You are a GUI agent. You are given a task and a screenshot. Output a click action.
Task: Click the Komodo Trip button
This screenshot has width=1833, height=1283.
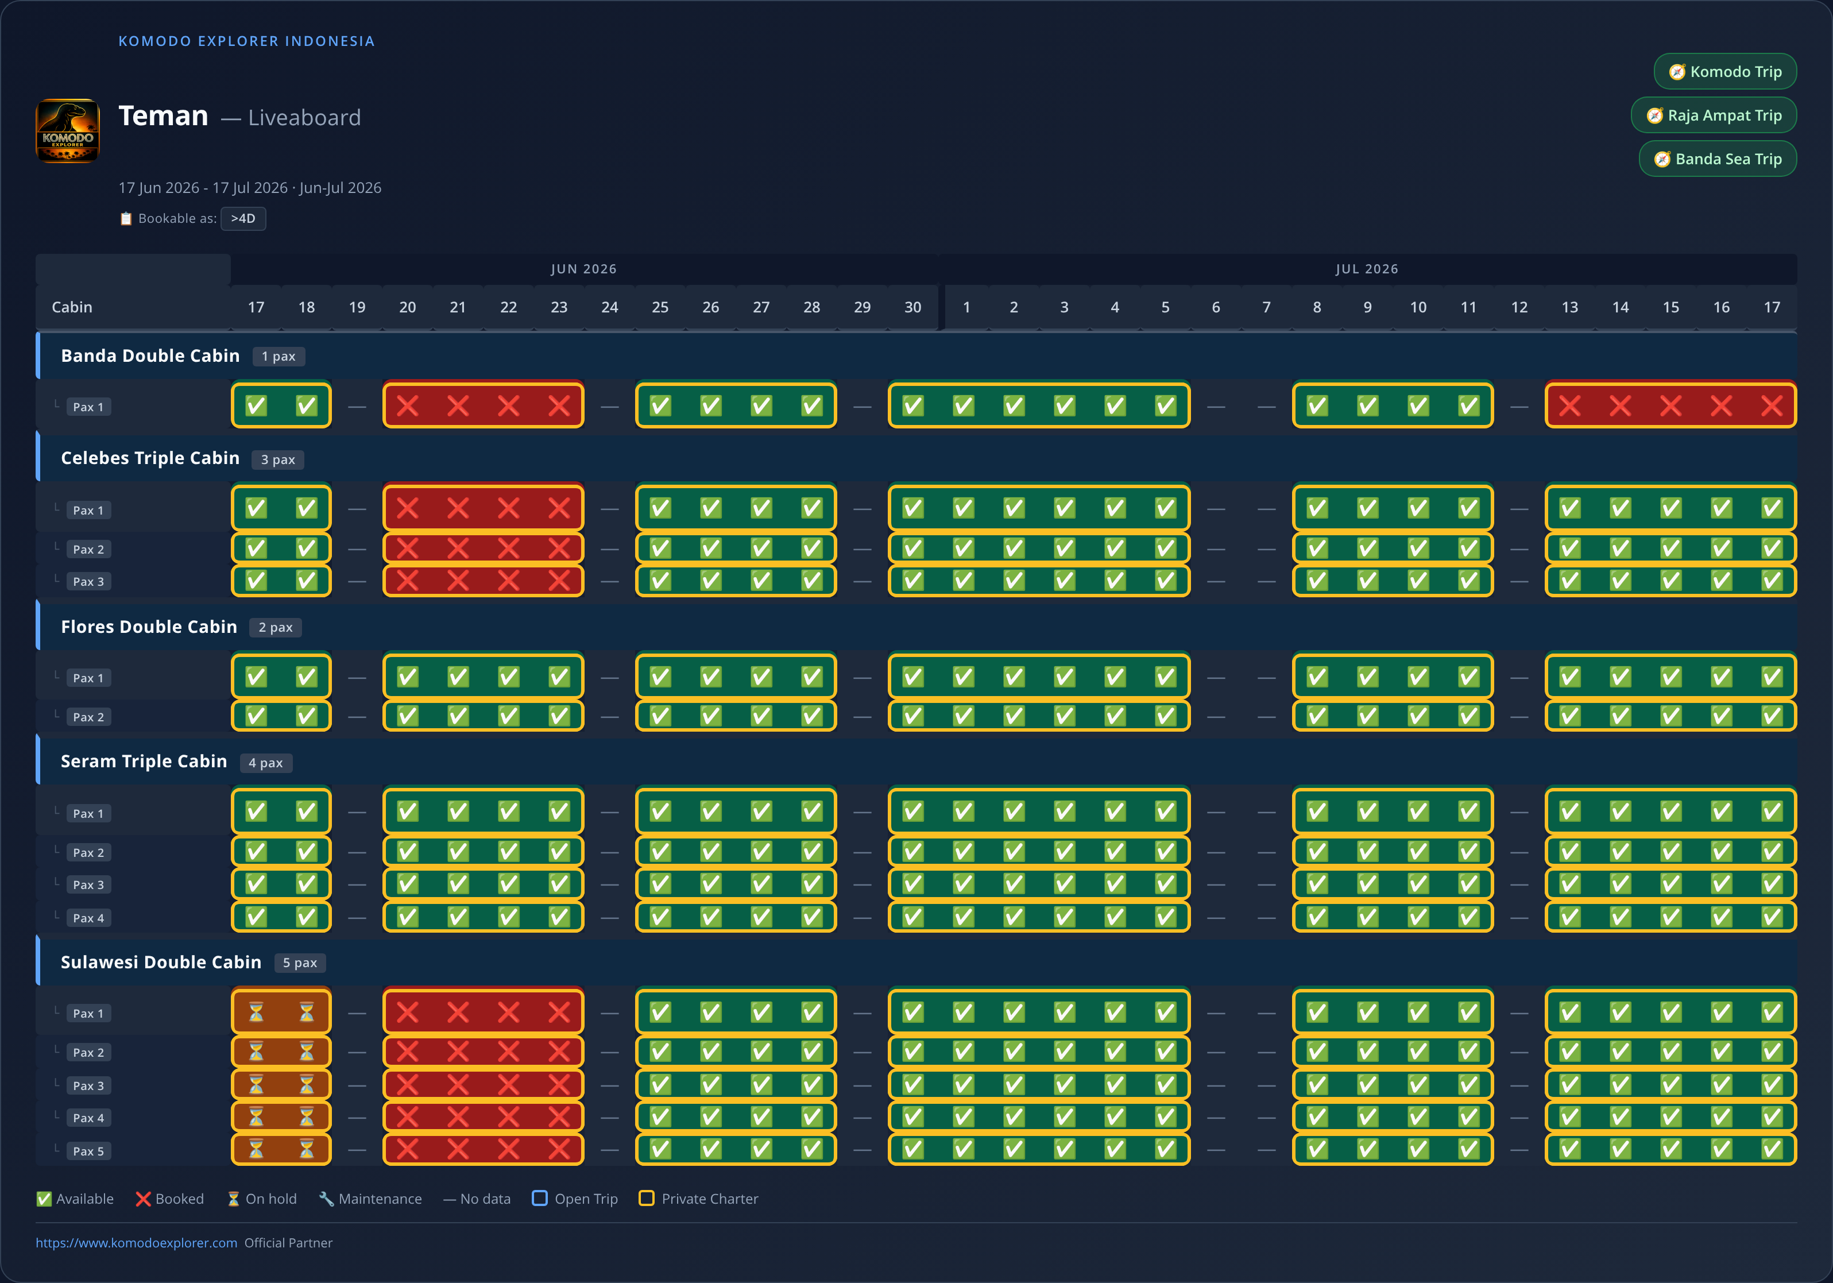[x=1724, y=72]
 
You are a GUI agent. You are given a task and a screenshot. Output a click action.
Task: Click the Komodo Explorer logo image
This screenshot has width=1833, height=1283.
[x=68, y=131]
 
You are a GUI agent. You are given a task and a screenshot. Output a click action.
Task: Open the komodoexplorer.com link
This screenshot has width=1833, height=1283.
[x=137, y=1242]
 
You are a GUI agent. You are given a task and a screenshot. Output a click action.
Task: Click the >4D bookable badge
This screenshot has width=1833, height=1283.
[x=243, y=219]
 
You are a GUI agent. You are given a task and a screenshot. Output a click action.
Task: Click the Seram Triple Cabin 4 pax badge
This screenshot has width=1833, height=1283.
[x=266, y=763]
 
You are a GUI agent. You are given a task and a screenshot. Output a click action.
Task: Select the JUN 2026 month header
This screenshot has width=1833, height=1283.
[x=583, y=269]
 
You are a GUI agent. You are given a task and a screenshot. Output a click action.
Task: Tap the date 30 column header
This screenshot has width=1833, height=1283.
[x=912, y=307]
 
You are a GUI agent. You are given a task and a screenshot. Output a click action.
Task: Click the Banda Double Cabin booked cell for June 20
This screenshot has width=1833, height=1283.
[x=408, y=407]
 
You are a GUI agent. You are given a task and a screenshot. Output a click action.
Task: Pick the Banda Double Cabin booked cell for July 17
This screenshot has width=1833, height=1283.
[x=1772, y=407]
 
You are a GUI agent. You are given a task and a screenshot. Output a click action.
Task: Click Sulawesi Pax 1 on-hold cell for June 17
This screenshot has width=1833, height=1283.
[x=256, y=1013]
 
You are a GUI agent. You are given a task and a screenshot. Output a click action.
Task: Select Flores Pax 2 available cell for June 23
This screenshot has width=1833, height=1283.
[x=559, y=716]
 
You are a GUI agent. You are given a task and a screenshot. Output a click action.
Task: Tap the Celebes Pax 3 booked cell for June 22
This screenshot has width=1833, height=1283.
[x=509, y=581]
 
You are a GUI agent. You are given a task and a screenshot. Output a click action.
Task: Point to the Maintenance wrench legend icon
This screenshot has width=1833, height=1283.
[x=326, y=1199]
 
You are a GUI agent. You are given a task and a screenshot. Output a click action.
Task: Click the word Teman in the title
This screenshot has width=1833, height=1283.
[x=164, y=116]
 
